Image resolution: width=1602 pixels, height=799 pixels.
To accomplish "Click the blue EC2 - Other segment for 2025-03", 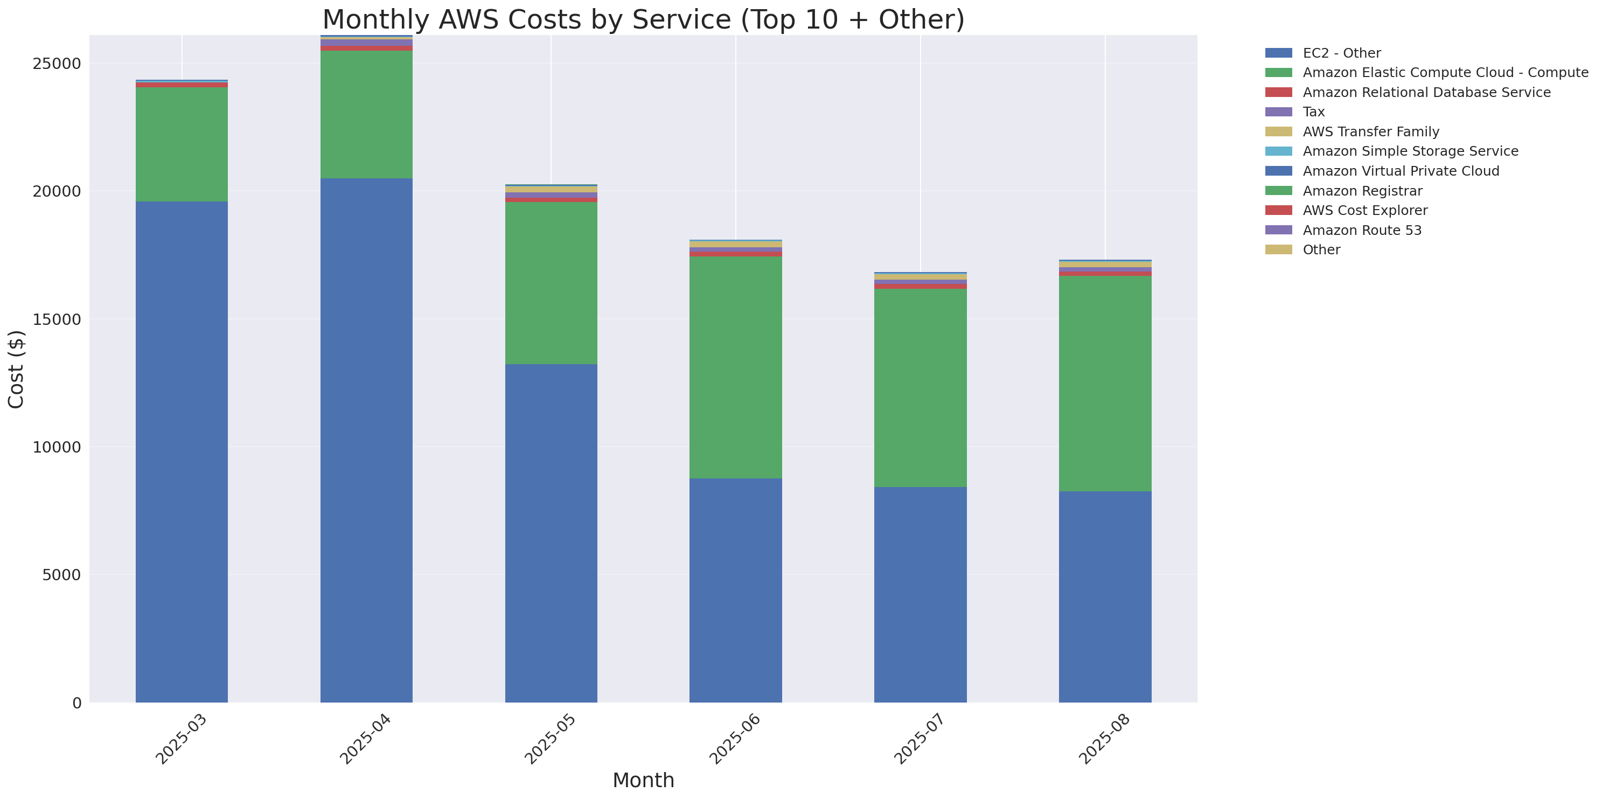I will pyautogui.click(x=182, y=451).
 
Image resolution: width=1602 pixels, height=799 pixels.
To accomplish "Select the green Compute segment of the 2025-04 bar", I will pyautogui.click(x=366, y=114).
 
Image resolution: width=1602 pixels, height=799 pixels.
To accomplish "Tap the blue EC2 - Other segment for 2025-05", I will pyautogui.click(x=551, y=533).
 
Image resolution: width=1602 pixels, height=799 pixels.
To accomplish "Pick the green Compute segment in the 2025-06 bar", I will pyautogui.click(x=736, y=367).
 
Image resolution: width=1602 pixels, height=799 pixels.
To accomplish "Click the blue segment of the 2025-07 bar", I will pyautogui.click(x=921, y=594).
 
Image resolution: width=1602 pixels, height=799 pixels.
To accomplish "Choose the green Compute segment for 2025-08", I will pyautogui.click(x=1105, y=383).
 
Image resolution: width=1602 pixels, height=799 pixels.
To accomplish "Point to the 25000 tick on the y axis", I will pyautogui.click(x=57, y=64).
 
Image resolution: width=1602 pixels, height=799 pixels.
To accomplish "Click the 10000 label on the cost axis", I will pyautogui.click(x=57, y=447).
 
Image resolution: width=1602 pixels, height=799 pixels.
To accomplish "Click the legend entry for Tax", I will pyautogui.click(x=1313, y=112).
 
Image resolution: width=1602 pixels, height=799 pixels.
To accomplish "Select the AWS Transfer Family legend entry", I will pyautogui.click(x=1371, y=132).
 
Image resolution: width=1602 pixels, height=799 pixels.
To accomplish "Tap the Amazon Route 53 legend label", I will pyautogui.click(x=1362, y=230).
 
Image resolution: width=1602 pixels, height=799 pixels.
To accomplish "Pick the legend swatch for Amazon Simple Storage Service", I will pyautogui.click(x=1279, y=151).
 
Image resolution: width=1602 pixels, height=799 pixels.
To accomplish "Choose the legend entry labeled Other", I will pyautogui.click(x=1321, y=250).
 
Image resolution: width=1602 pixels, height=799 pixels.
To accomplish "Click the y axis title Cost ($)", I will pyautogui.click(x=16, y=370).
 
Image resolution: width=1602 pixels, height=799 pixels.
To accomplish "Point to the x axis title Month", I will pyautogui.click(x=643, y=780).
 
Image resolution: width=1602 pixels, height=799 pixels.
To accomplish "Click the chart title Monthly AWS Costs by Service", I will pyautogui.click(x=643, y=19).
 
